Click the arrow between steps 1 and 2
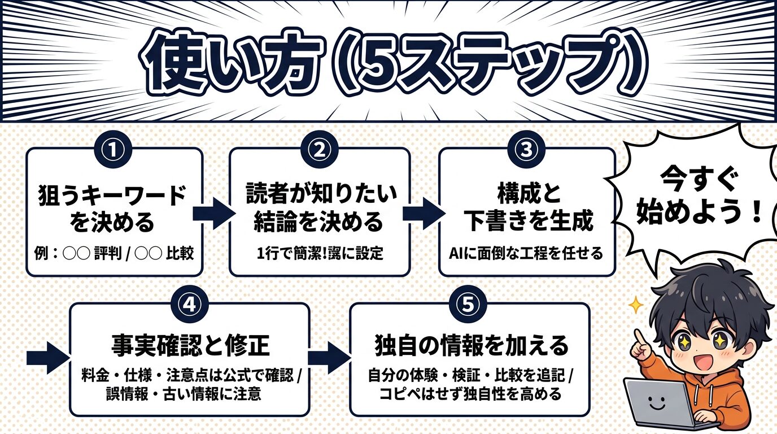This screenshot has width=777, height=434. point(214,212)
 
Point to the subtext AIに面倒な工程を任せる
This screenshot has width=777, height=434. point(526,253)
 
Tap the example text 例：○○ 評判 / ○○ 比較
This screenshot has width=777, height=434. point(115,253)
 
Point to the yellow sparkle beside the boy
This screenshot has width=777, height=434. point(636,306)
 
